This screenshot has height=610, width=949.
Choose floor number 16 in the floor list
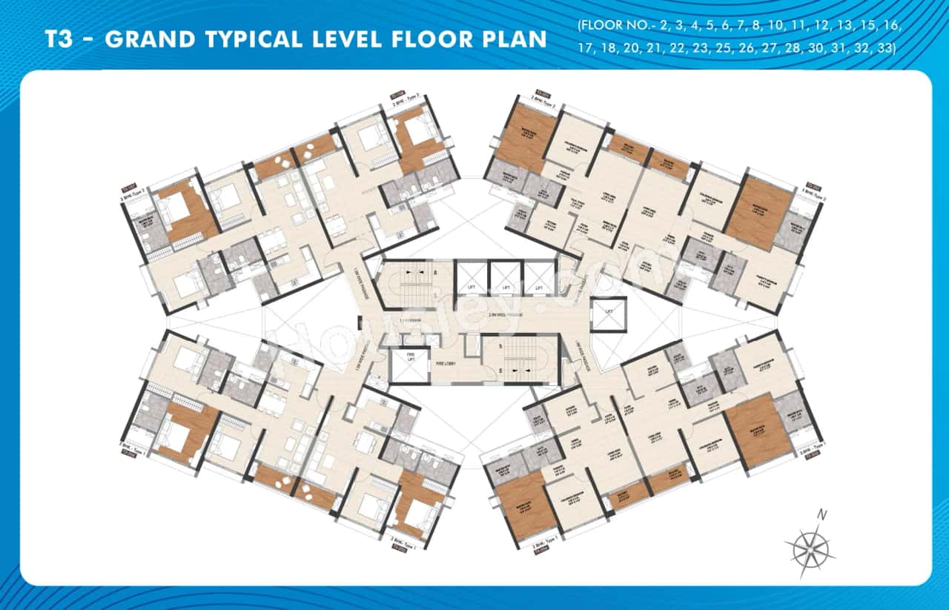click(x=892, y=26)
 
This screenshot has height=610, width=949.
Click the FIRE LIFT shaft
click(x=409, y=365)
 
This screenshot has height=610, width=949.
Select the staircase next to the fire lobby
click(x=517, y=359)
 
